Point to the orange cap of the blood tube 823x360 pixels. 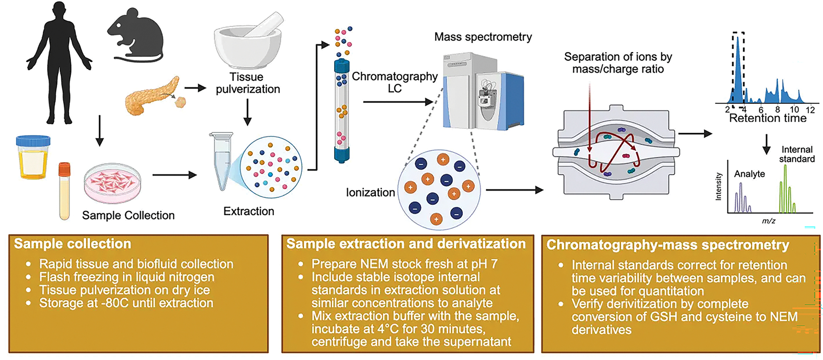click(64, 169)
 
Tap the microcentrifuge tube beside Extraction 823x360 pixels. click(221, 161)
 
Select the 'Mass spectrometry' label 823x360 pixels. click(483, 37)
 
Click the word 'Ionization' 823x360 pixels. click(370, 192)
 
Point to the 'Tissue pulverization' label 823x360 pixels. click(248, 83)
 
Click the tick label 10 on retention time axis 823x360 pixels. click(794, 110)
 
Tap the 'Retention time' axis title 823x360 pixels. click(767, 118)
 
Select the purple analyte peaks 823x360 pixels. click(742, 198)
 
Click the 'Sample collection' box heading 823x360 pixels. click(73, 244)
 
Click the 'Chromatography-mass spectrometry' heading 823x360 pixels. click(668, 245)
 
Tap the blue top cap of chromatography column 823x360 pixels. click(341, 65)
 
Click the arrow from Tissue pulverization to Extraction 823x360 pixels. click(247, 112)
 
